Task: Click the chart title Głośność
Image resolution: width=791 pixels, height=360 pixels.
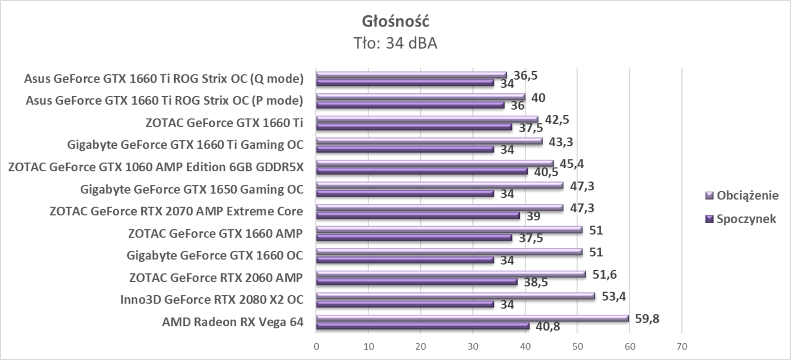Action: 395,21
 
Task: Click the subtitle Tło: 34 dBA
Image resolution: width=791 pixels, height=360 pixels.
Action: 395,43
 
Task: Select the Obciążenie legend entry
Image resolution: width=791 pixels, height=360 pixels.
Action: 746,196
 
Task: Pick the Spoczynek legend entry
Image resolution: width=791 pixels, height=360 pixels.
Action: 745,219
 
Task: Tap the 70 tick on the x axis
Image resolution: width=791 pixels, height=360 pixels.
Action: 681,346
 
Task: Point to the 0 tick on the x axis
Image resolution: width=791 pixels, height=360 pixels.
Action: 316,346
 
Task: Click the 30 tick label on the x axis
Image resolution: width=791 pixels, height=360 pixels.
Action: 473,346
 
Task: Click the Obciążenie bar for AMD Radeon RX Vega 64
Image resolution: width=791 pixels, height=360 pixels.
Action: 472,318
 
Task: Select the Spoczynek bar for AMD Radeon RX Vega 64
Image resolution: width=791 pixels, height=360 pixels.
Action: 423,326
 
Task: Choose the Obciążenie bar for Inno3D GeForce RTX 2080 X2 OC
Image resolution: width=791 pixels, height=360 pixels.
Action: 455,296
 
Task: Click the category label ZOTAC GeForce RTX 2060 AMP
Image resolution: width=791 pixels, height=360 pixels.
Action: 216,277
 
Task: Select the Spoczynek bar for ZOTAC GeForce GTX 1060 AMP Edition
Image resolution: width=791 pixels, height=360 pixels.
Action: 422,171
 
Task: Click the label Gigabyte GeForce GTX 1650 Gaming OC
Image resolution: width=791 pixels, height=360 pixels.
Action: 192,189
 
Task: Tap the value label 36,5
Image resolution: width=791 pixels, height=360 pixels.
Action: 525,76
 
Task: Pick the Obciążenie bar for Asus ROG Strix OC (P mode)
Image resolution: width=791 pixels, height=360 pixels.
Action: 420,97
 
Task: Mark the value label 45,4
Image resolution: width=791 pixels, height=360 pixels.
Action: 572,164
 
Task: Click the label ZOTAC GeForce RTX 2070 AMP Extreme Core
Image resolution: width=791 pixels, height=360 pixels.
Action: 176,211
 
